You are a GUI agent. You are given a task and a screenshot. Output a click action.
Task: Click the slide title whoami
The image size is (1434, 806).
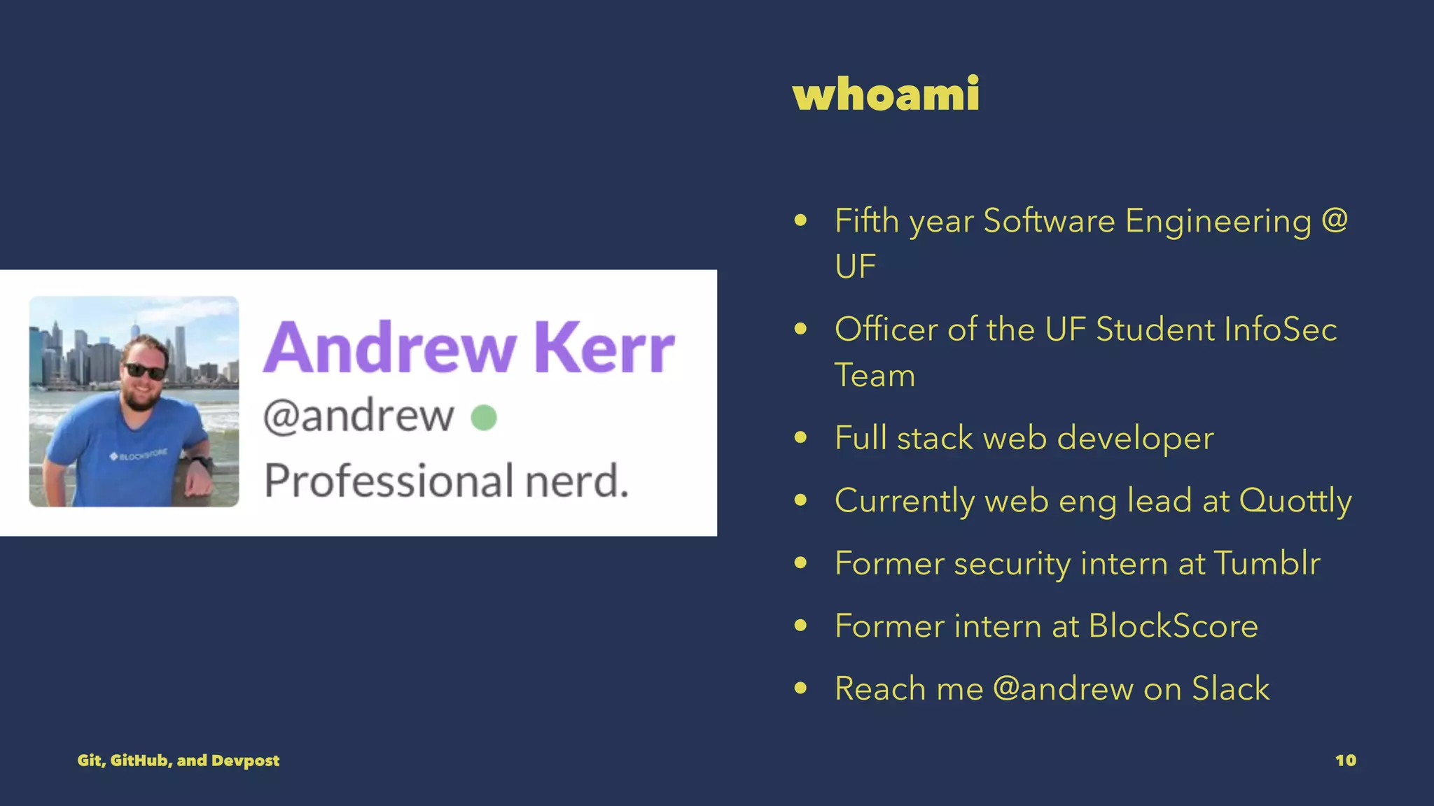click(886, 94)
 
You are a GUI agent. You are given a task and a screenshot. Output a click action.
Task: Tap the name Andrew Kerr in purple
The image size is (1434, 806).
click(468, 348)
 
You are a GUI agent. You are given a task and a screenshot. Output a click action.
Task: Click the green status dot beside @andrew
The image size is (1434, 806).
click(484, 418)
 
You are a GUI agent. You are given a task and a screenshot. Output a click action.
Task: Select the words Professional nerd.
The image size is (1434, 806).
click(446, 481)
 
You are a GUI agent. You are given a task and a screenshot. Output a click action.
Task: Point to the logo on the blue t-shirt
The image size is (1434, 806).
click(138, 455)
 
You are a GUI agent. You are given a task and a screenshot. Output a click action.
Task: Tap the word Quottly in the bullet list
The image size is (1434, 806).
click(1295, 501)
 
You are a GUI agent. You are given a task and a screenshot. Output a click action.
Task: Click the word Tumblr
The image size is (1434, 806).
click(1267, 563)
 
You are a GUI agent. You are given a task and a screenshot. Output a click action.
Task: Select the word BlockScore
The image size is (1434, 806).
click(1174, 626)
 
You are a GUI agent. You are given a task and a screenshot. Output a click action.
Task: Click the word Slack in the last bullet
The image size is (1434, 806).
click(1230, 688)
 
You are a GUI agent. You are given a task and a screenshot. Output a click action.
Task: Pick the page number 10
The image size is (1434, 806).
click(1345, 761)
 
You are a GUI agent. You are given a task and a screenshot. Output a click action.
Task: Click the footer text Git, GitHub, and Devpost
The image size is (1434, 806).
click(179, 761)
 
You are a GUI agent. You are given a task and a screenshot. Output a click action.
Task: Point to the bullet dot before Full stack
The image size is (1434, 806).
click(801, 438)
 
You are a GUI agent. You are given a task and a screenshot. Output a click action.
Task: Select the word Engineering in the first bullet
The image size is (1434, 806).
click(1218, 221)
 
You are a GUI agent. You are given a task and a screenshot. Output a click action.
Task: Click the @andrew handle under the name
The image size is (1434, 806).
click(358, 416)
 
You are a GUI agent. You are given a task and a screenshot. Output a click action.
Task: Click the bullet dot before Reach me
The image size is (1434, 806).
click(801, 688)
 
